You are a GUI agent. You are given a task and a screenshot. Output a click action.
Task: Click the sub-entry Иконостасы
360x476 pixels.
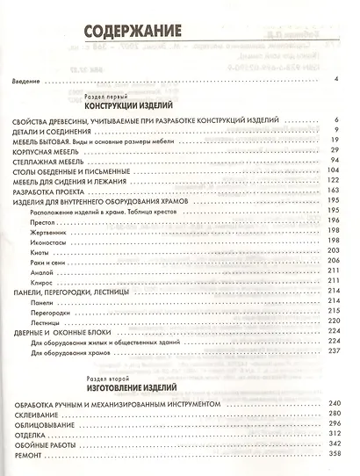click(47, 241)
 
